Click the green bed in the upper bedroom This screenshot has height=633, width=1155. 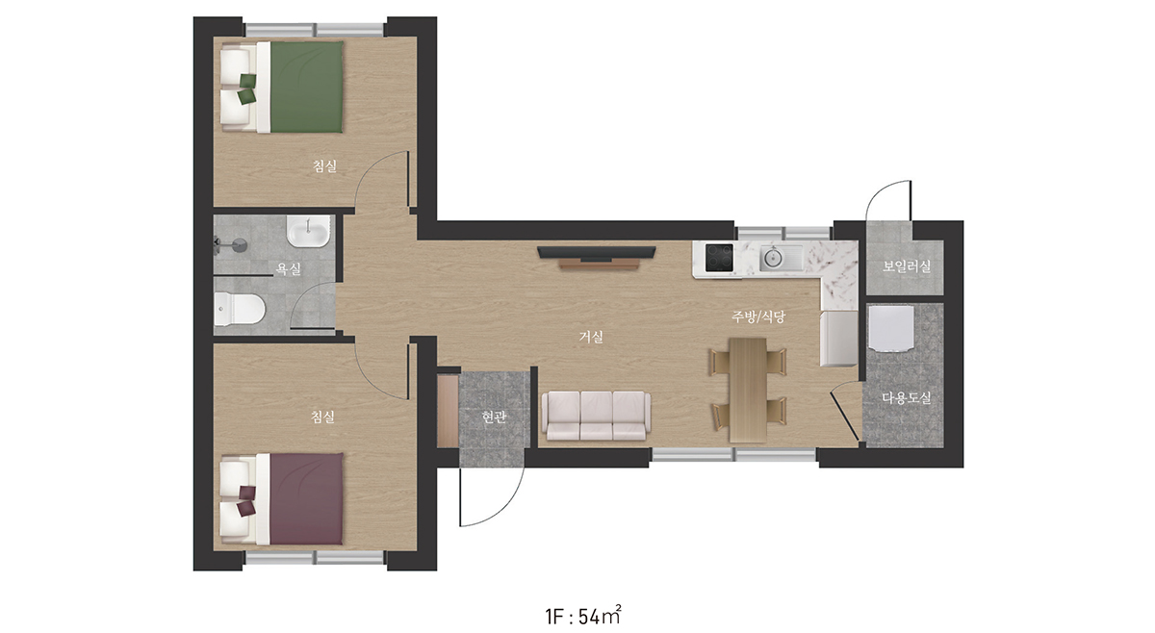click(x=282, y=88)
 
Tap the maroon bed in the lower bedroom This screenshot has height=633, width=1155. click(x=282, y=499)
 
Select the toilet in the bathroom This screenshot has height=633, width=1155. click(x=240, y=309)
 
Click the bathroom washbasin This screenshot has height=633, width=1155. click(x=308, y=232)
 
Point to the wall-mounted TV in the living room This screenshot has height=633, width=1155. click(x=597, y=252)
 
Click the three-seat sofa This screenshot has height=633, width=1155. click(x=596, y=416)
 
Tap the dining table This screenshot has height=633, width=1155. click(x=748, y=390)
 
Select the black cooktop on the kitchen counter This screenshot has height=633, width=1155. click(x=719, y=257)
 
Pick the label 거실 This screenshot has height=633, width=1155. click(x=591, y=337)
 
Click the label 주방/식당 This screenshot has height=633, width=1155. click(x=758, y=316)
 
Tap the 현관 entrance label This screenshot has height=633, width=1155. click(x=494, y=417)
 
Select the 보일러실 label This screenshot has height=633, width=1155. click(x=907, y=266)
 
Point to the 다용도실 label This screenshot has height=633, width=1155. click(x=907, y=397)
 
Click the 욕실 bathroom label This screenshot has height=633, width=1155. click(x=289, y=268)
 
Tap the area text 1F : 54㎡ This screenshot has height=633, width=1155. click(x=583, y=616)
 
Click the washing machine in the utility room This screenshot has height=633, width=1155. click(x=891, y=328)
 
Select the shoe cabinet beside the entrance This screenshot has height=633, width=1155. click(x=448, y=411)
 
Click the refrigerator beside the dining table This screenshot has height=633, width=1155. click(x=839, y=339)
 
